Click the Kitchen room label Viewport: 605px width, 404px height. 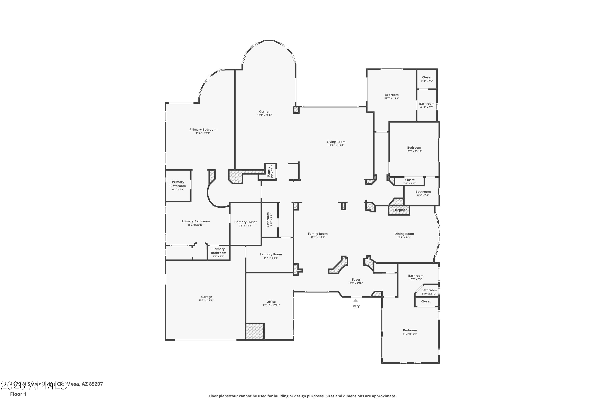pos(264,112)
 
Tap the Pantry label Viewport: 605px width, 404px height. pos(269,171)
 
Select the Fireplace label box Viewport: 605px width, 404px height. pos(400,210)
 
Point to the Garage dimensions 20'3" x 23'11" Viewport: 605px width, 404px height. pos(206,300)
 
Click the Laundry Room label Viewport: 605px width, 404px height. pos(271,254)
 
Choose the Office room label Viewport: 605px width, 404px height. pos(271,302)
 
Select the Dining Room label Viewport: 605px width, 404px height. pos(404,234)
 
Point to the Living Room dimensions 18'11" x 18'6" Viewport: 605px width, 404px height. pos(336,145)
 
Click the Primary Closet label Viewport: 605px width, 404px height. pos(245,222)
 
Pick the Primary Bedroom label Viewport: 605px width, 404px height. pos(203,130)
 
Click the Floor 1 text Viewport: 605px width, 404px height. pos(18,394)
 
